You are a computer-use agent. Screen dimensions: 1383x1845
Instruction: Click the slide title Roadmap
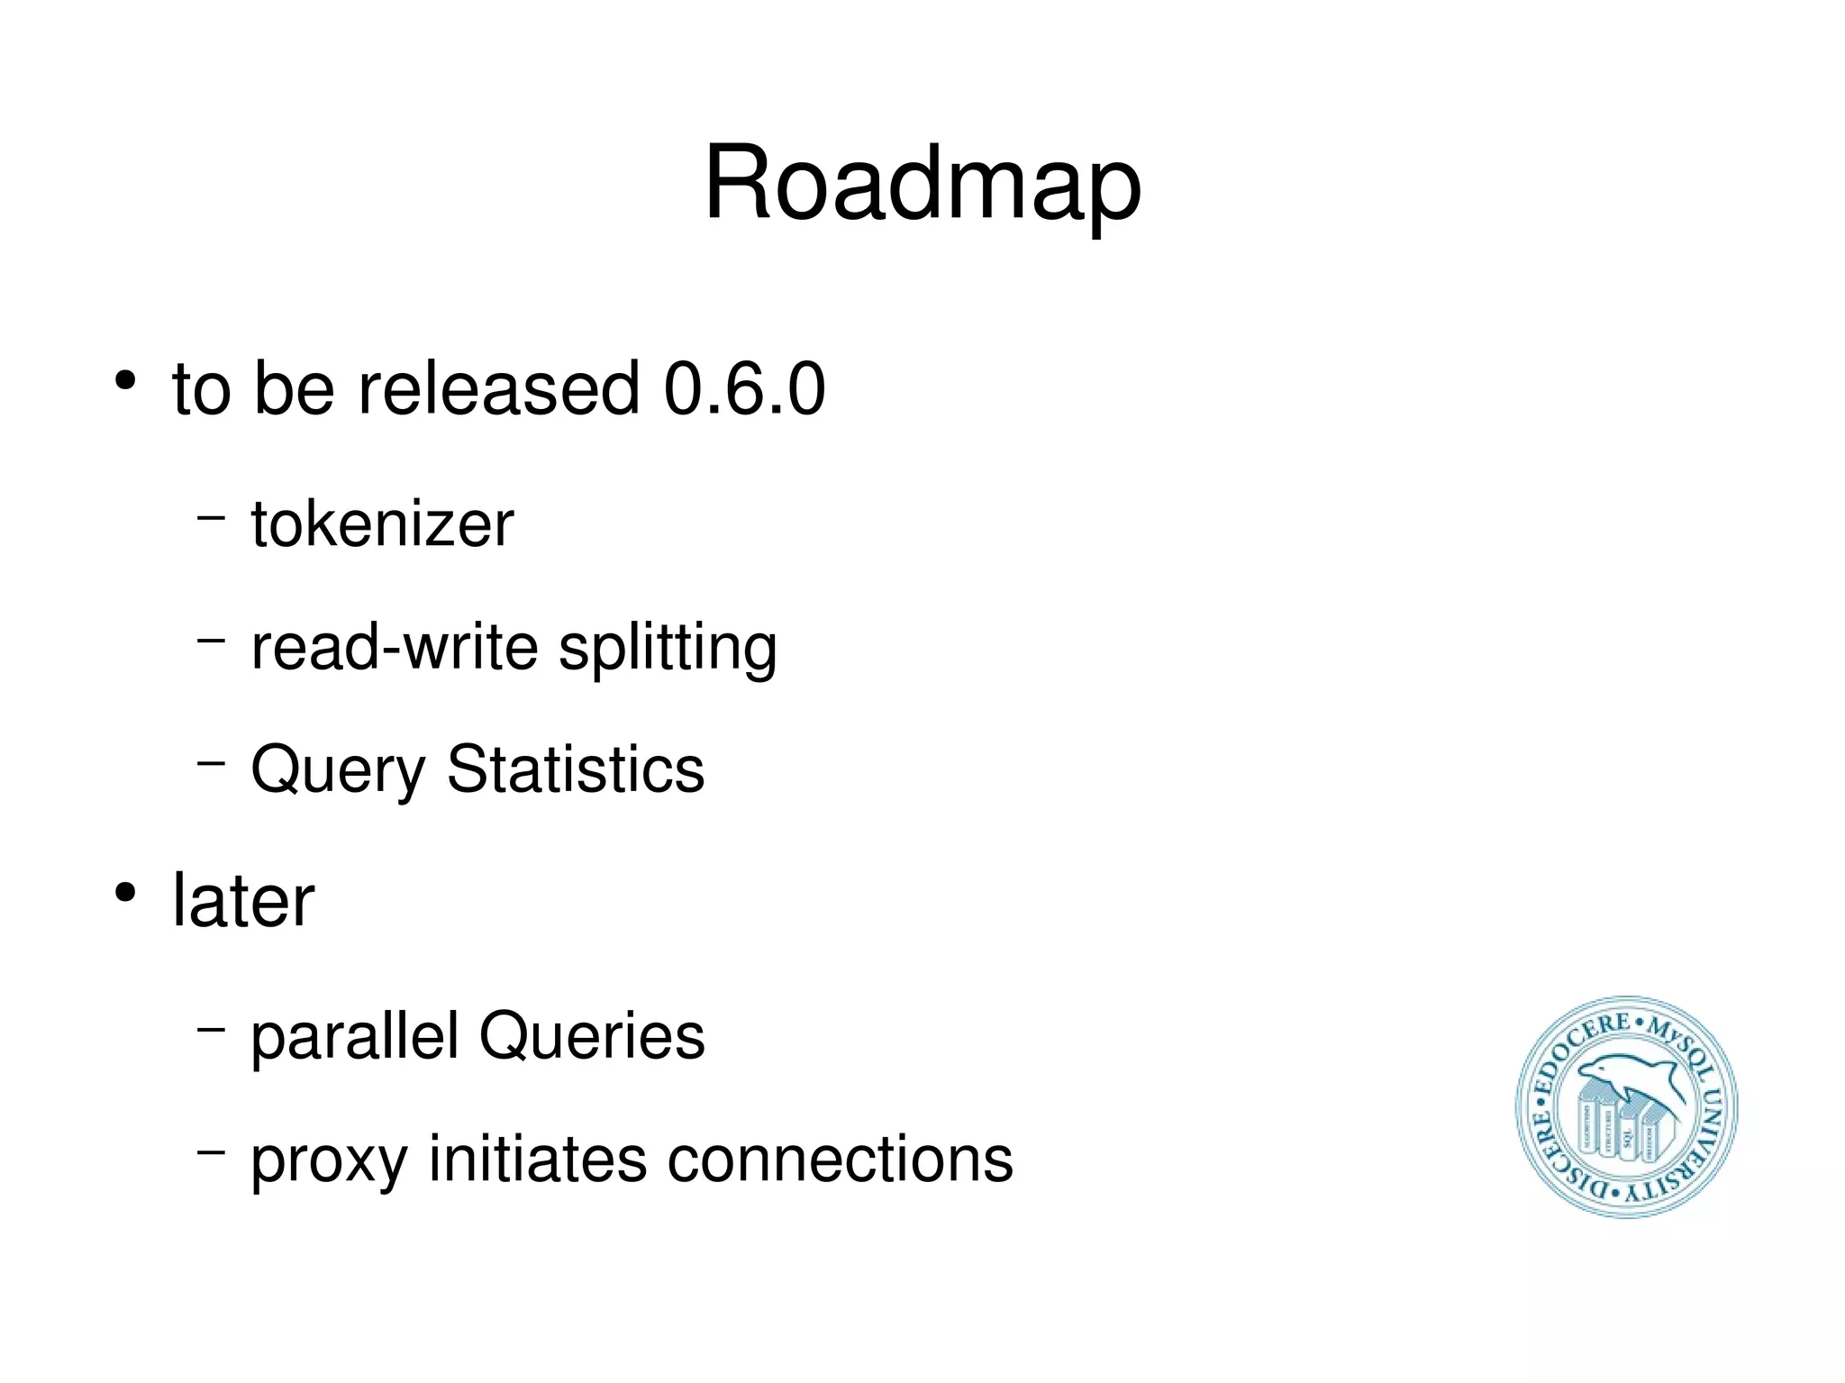[922, 184]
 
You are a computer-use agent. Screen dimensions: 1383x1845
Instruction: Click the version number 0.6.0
[744, 388]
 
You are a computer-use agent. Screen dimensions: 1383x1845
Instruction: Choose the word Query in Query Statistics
[337, 771]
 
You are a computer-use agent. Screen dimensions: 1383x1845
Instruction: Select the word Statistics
[576, 769]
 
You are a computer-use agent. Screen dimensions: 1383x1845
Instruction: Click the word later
[243, 900]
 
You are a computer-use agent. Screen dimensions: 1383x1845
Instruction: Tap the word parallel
[355, 1037]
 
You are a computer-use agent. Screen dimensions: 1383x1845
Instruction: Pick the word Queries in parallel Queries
[592, 1036]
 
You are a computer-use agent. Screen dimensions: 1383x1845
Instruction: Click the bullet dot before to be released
[125, 381]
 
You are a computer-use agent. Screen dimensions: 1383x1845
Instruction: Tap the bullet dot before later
[125, 893]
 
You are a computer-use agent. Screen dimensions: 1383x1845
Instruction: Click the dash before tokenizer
[211, 518]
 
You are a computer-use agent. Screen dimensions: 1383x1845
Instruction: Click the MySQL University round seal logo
[1626, 1107]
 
